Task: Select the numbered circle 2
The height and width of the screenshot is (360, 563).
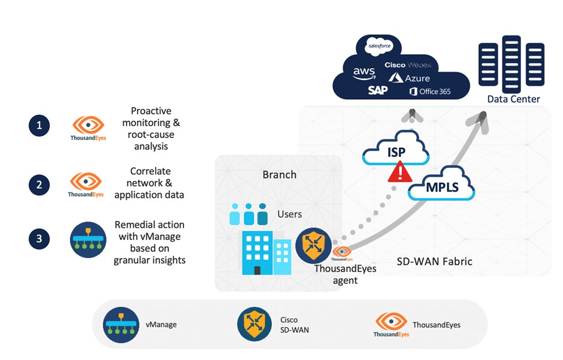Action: tap(39, 185)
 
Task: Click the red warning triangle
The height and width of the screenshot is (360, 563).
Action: tap(396, 174)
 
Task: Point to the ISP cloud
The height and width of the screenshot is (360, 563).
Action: tap(395, 151)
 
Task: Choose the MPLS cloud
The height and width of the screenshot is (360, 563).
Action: tap(441, 187)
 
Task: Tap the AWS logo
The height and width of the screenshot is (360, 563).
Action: tap(364, 73)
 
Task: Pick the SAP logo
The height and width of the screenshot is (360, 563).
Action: tap(378, 90)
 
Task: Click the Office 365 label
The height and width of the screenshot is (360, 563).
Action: tap(430, 91)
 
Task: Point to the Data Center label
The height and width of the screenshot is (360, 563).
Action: tap(513, 99)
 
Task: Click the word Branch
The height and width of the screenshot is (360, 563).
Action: tap(279, 175)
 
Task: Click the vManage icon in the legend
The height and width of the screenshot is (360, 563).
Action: tap(121, 325)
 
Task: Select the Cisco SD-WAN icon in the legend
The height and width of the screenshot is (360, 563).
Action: tap(254, 325)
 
